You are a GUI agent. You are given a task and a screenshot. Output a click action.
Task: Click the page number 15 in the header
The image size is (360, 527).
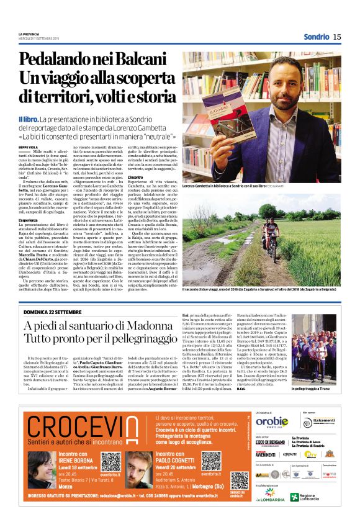336,37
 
